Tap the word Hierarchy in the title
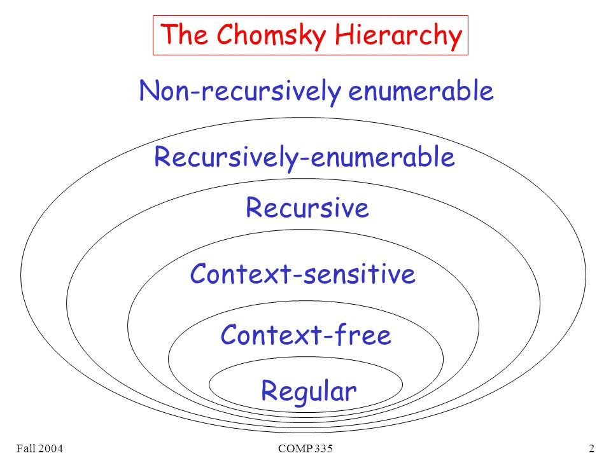pyautogui.click(x=397, y=36)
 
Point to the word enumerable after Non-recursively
pyautogui.click(x=421, y=92)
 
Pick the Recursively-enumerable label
pyautogui.click(x=305, y=157)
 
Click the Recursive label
pyautogui.click(x=307, y=209)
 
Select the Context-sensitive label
pyautogui.click(x=303, y=275)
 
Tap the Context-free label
pyautogui.click(x=305, y=335)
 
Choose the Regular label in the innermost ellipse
pyautogui.click(x=309, y=391)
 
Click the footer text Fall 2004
pyautogui.click(x=35, y=449)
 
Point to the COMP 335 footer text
pyautogui.click(x=305, y=449)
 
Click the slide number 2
pyautogui.click(x=591, y=449)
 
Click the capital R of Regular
pyautogui.click(x=269, y=391)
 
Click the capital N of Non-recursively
pyautogui.click(x=149, y=92)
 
